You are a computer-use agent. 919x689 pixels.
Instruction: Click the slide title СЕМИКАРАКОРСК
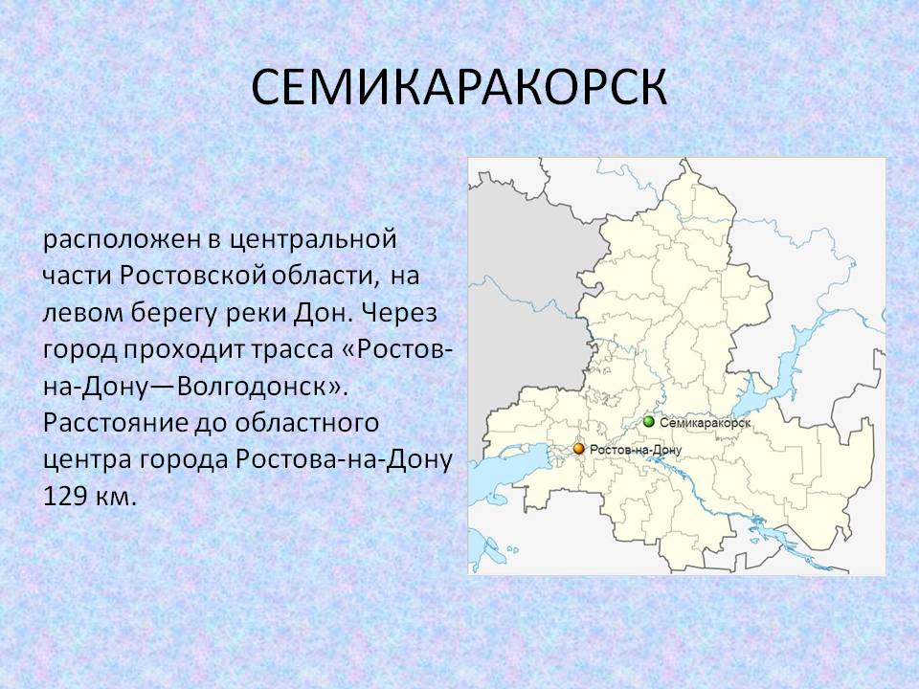coord(459,88)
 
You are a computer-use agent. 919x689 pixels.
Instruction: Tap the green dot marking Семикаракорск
coord(648,422)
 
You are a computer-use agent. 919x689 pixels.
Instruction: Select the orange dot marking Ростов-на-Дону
coord(579,449)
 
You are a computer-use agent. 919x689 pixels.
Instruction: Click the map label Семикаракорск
coord(706,423)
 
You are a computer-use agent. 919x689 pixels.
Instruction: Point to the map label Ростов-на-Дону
coord(636,450)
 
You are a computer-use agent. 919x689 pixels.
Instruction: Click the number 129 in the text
coord(64,497)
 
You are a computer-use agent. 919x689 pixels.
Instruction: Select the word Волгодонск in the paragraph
coord(252,387)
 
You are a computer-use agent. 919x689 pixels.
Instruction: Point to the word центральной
coord(312,240)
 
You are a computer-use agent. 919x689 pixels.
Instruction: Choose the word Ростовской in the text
coord(193,276)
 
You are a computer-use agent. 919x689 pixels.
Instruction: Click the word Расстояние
coord(116,423)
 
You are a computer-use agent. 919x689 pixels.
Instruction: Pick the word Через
coord(399,314)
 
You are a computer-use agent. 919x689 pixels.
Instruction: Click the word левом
coord(82,314)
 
